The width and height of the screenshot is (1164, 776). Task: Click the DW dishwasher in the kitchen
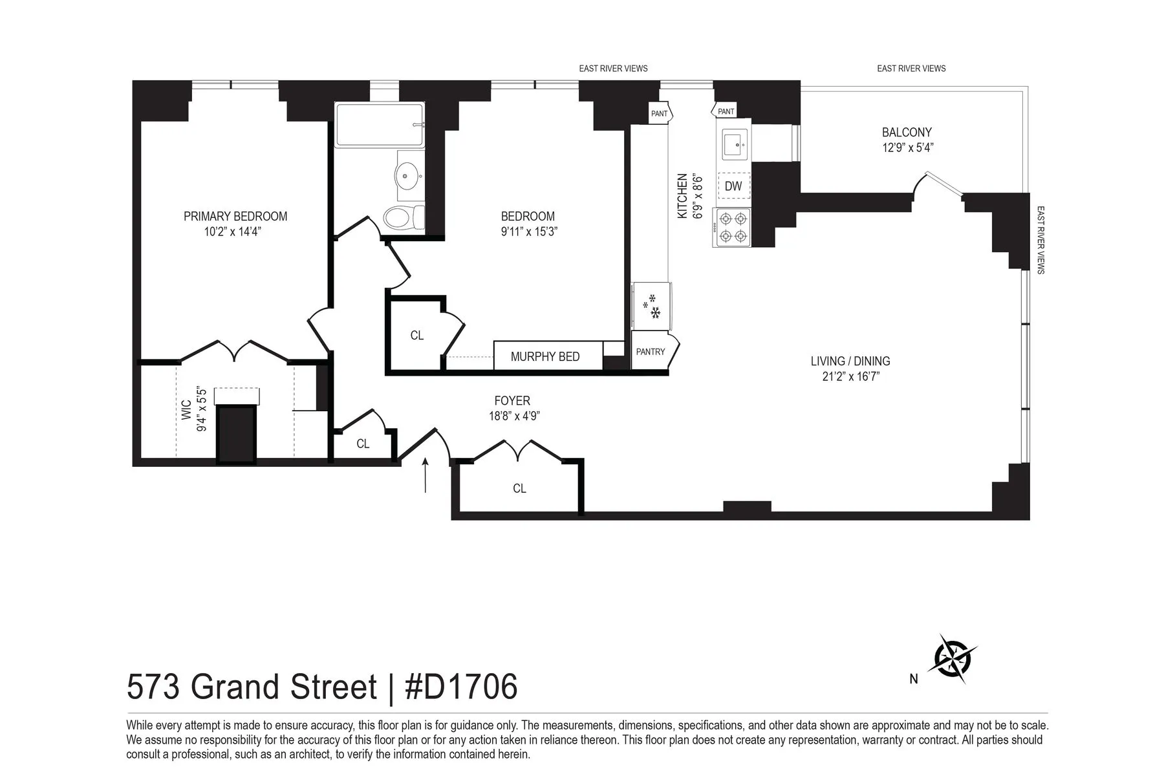(733, 186)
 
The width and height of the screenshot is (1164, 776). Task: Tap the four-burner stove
(732, 227)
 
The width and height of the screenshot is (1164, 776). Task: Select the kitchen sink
(733, 144)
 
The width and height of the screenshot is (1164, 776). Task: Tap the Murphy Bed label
(545, 356)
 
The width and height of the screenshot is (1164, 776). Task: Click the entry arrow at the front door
(425, 475)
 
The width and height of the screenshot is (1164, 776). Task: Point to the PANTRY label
(651, 352)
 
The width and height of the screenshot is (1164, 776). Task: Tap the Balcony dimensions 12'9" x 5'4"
(907, 147)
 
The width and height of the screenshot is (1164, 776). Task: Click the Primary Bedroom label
(235, 216)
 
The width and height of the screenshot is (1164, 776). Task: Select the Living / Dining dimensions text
(850, 376)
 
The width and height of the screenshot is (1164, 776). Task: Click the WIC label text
(187, 409)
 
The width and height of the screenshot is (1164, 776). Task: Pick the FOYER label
(512, 401)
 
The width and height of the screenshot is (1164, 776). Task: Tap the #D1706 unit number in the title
(461, 687)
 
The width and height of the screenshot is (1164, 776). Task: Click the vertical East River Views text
(1040, 240)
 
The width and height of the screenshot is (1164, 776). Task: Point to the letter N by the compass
(914, 679)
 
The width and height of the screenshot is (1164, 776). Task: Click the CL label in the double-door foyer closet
(519, 488)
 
